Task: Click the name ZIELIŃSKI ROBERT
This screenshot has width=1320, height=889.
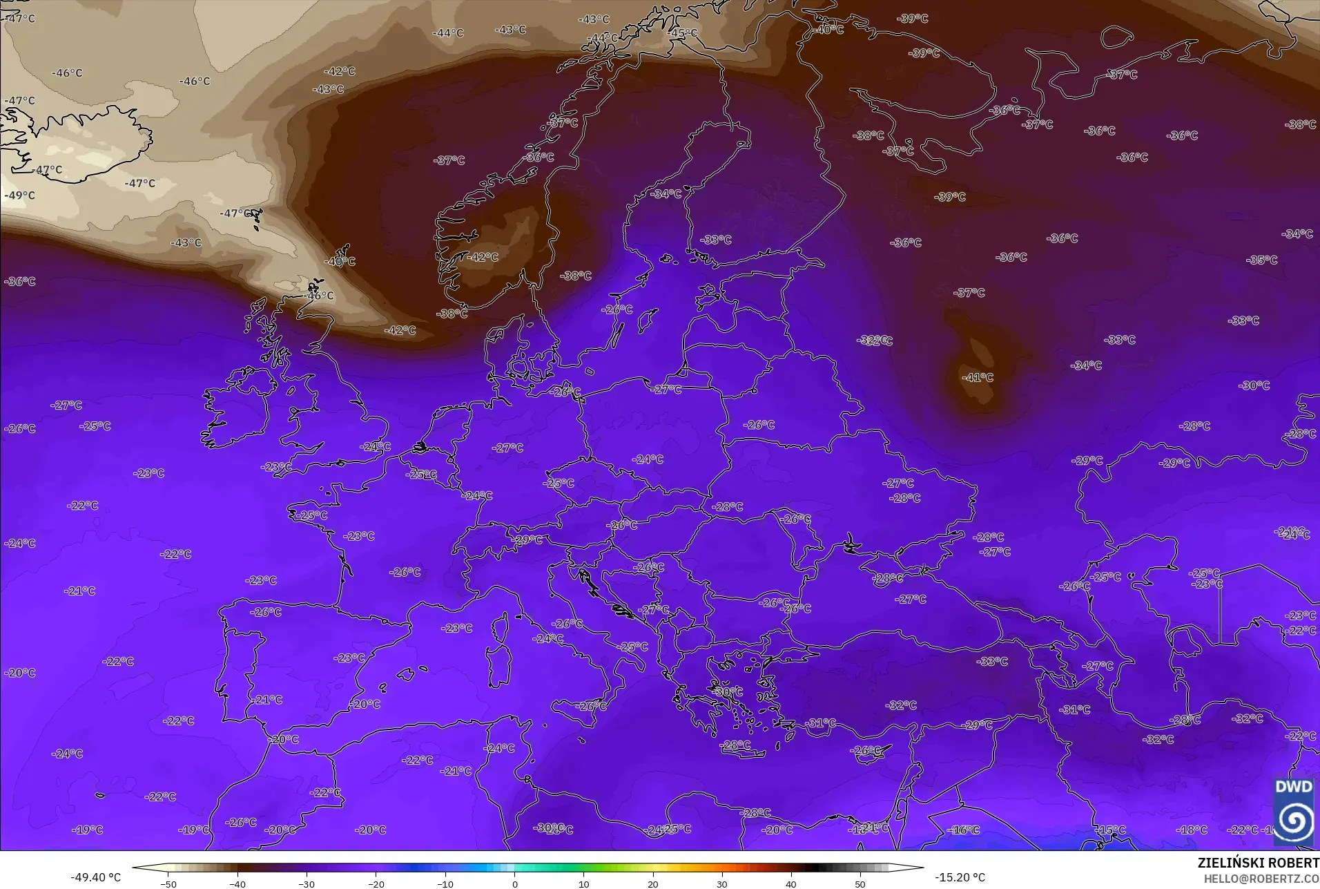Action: click(x=1258, y=863)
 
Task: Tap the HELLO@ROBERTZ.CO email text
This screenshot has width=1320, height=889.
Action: click(x=1261, y=879)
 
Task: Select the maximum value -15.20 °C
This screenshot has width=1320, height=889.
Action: click(x=960, y=877)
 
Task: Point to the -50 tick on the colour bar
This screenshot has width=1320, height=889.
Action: click(x=169, y=883)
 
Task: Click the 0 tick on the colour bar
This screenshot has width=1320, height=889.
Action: click(x=514, y=883)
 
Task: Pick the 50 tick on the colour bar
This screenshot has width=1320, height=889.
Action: click(x=860, y=883)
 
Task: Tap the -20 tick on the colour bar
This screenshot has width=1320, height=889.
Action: click(x=376, y=883)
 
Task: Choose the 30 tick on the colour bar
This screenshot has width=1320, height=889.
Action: click(x=721, y=883)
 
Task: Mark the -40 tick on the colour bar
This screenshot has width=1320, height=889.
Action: click(x=238, y=883)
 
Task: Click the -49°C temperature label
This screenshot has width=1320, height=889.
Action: click(x=20, y=195)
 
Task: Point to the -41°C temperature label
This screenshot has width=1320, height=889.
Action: click(x=978, y=377)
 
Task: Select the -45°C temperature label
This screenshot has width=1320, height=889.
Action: click(x=683, y=32)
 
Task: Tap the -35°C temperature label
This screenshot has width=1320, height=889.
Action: click(x=1262, y=260)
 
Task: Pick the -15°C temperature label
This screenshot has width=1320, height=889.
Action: click(x=1111, y=830)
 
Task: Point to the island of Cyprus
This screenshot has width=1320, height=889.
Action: click(x=871, y=751)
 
